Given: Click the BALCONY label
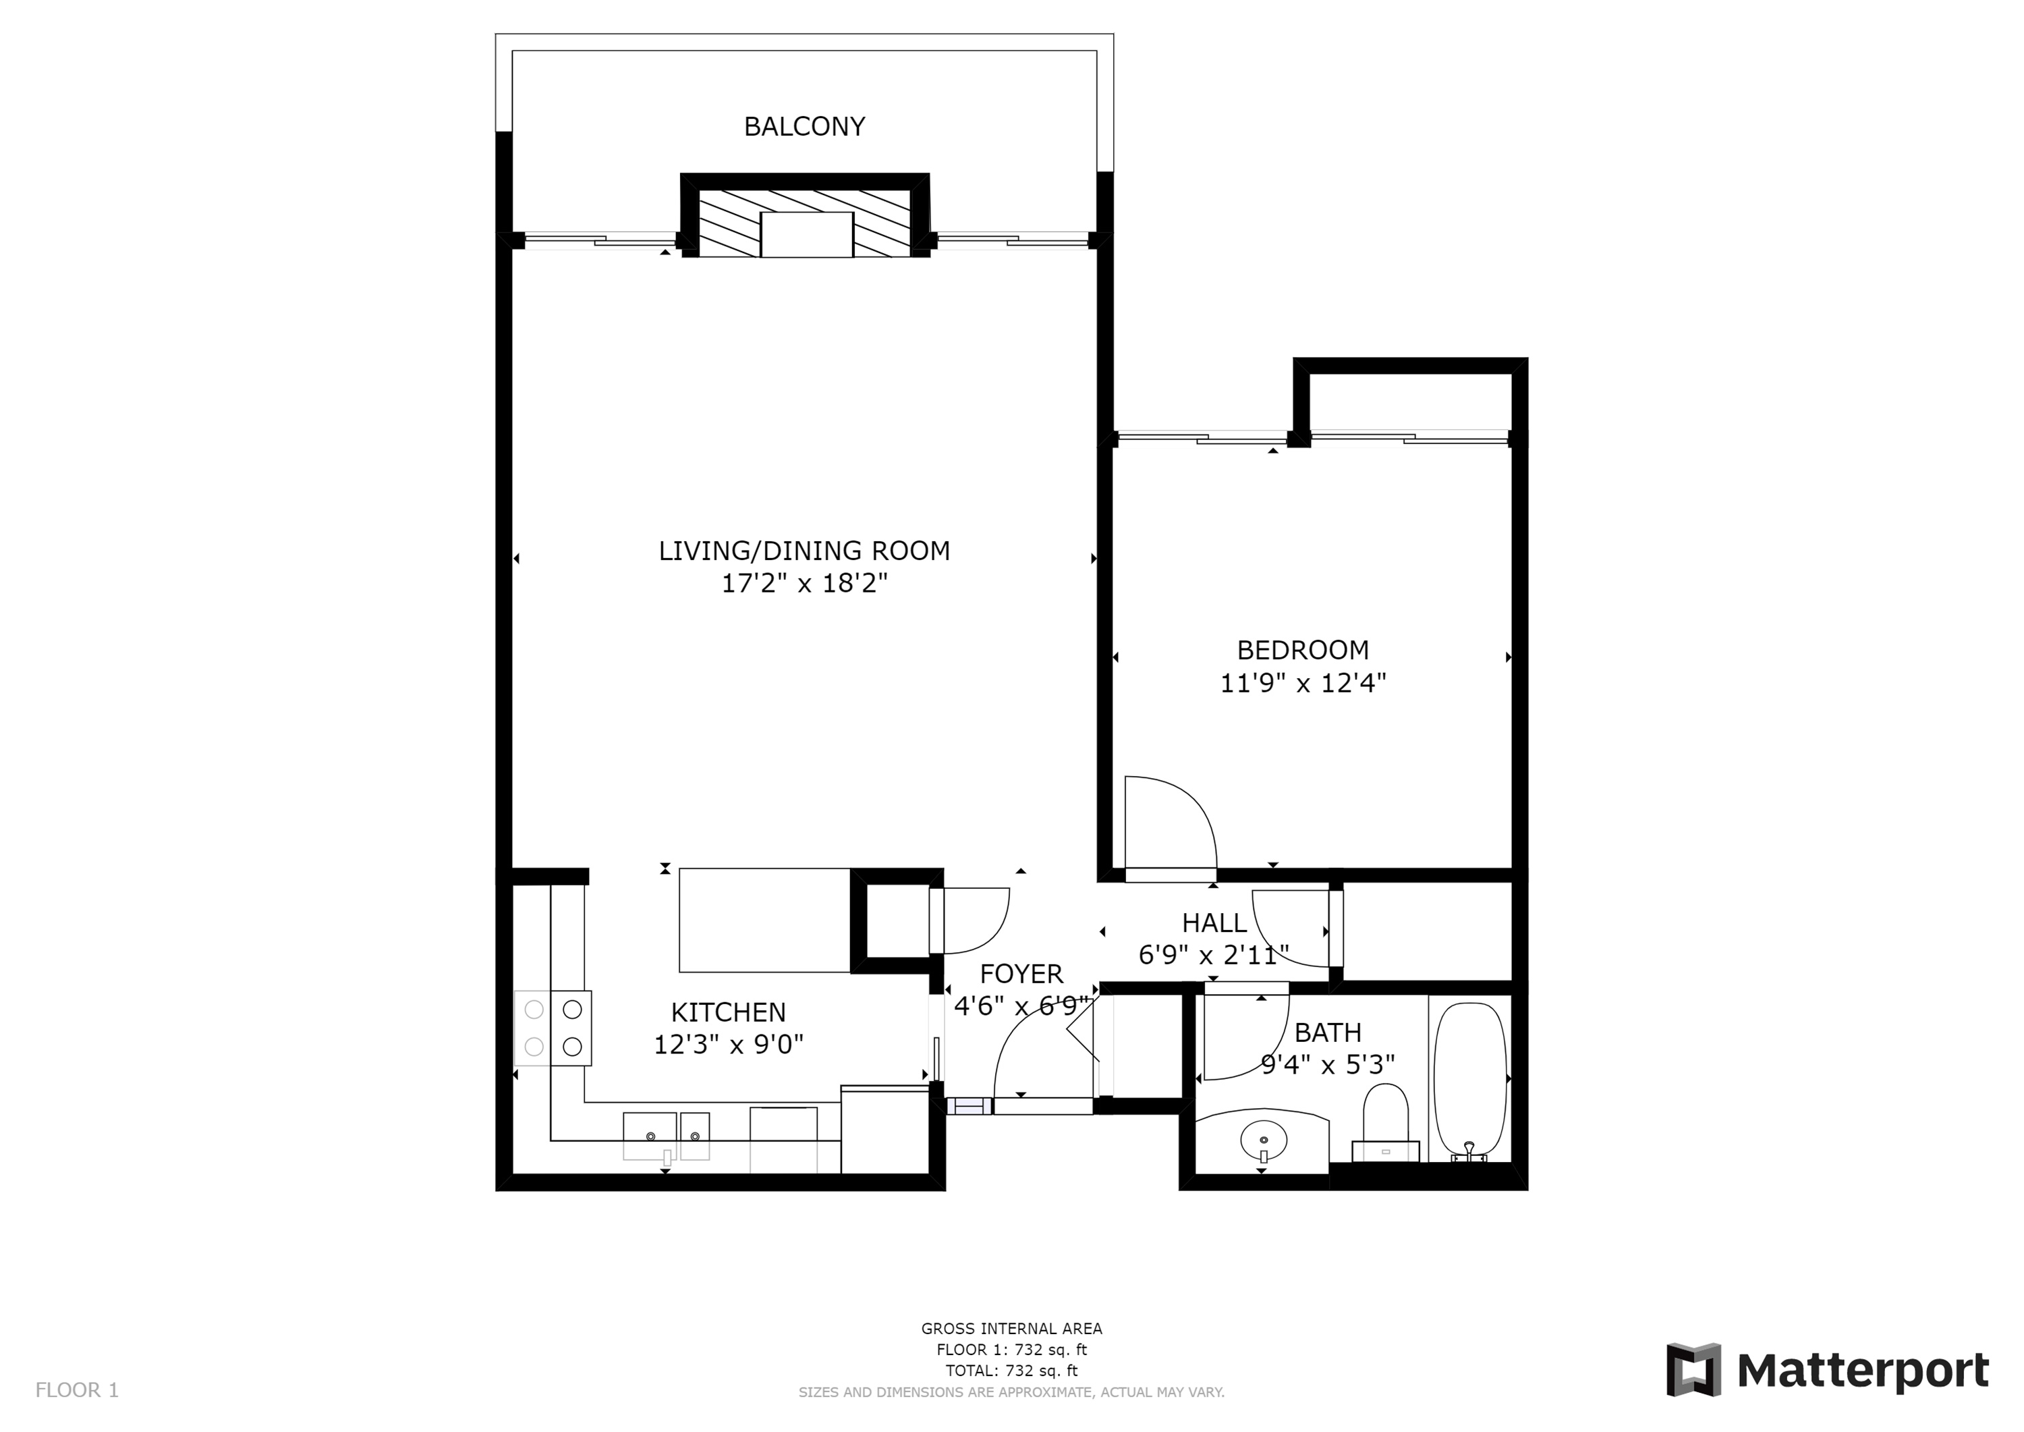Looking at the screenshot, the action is click(804, 127).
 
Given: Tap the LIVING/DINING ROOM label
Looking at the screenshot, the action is click(804, 551).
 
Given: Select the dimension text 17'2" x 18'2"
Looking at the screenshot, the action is click(804, 584).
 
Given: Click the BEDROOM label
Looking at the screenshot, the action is click(1303, 651).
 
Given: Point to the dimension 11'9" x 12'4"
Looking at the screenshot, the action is click(1303, 684).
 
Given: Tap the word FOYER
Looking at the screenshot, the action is click(1021, 974).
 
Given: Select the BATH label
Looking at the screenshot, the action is click(1328, 1032).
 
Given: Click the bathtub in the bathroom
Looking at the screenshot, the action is click(1469, 1080).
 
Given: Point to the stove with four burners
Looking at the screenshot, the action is click(553, 1028).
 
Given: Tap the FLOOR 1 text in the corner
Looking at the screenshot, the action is click(77, 1391).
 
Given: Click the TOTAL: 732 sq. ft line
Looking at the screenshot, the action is click(1011, 1371).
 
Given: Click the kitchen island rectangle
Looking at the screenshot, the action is click(764, 920).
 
